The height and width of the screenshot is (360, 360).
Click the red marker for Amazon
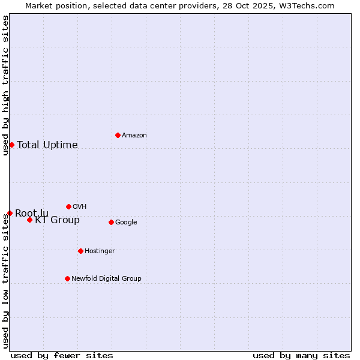click(x=118, y=135)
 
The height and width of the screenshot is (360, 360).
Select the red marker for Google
click(x=111, y=222)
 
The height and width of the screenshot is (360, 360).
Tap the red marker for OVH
click(x=68, y=206)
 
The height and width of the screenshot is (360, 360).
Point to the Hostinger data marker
click(x=80, y=251)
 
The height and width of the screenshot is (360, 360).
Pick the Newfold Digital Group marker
click(x=67, y=278)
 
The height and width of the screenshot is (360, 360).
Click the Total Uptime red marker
click(x=11, y=145)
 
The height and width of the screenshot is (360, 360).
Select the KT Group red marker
click(x=29, y=220)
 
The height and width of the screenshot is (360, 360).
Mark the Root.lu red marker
click(x=10, y=213)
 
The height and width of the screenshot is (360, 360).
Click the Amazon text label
click(x=134, y=136)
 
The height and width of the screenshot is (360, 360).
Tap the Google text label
click(x=126, y=223)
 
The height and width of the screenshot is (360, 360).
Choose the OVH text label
click(x=80, y=207)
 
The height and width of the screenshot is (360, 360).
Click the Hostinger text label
click(x=100, y=251)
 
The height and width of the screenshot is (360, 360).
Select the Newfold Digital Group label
click(x=106, y=279)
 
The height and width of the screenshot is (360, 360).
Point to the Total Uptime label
click(x=47, y=145)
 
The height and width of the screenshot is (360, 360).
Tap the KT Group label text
click(x=57, y=220)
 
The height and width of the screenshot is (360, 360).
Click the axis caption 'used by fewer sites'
click(x=62, y=355)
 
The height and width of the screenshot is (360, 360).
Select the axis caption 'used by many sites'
click(x=301, y=355)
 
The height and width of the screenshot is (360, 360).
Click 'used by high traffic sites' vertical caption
click(x=5, y=85)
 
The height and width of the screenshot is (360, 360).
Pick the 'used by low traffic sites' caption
click(x=5, y=281)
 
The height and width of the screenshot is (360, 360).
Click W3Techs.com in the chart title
click(x=311, y=5)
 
